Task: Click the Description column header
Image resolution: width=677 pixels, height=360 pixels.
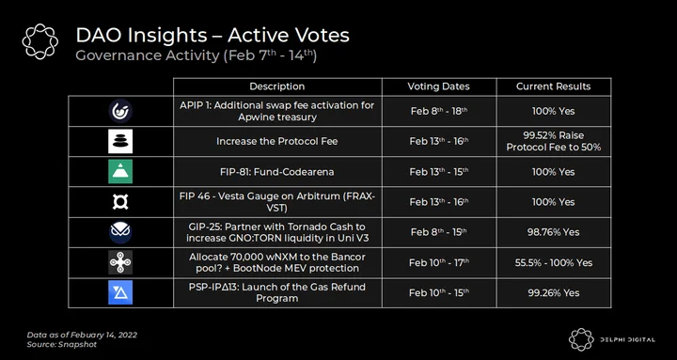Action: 277,86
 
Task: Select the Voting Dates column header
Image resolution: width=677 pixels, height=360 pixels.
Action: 439,86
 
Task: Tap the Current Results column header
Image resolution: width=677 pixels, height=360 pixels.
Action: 554,86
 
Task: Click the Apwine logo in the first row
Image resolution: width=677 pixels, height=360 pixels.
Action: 120,111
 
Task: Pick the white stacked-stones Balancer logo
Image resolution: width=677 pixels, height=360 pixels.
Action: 120,141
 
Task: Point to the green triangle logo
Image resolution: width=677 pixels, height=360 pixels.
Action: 120,171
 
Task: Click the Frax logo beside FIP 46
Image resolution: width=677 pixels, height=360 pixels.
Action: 120,202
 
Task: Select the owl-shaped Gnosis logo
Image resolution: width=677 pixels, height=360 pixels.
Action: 120,232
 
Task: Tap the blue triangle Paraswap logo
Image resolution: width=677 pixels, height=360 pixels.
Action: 120,292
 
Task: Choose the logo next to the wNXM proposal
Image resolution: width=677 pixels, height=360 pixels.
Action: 120,262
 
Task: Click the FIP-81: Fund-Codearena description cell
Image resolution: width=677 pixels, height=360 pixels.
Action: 277,172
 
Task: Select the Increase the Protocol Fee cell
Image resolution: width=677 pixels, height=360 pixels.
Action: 277,142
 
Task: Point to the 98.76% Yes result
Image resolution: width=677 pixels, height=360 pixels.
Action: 554,232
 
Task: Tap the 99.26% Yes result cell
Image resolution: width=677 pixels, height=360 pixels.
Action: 554,292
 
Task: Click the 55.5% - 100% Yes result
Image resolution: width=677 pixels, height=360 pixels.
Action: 554,262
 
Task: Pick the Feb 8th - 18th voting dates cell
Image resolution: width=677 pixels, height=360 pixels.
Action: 439,111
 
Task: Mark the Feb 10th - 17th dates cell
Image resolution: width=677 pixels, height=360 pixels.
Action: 439,262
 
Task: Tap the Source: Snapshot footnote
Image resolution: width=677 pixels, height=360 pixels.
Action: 62,344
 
